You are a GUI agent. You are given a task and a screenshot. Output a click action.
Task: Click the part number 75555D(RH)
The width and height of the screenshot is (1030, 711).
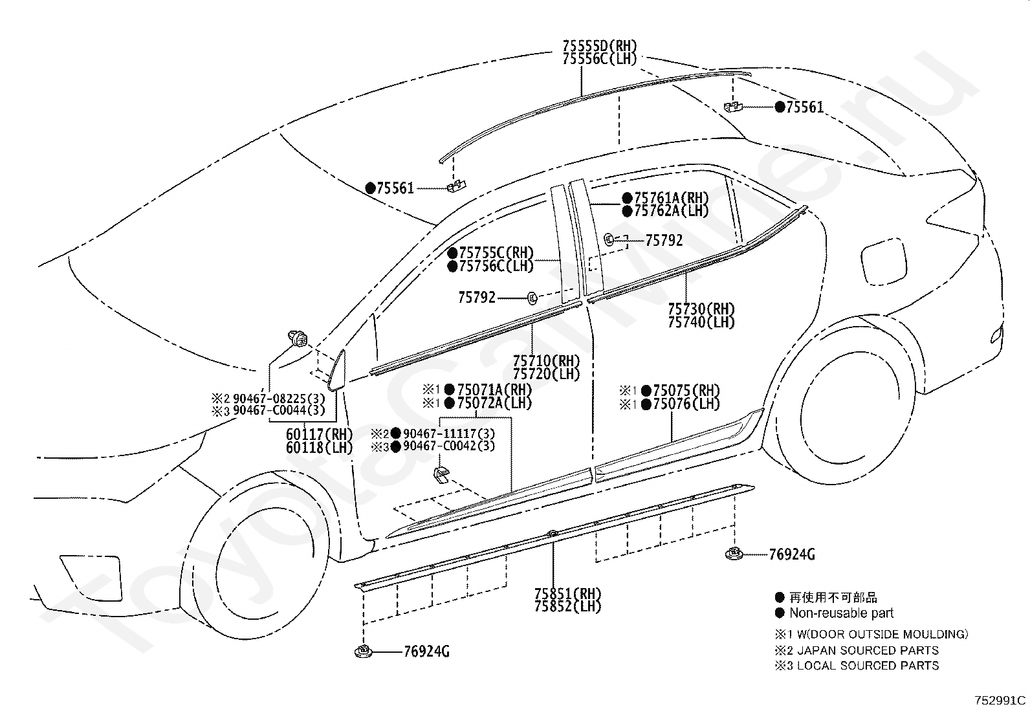coord(600,46)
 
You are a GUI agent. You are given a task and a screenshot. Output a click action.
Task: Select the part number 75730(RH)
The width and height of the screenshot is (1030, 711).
coord(701,309)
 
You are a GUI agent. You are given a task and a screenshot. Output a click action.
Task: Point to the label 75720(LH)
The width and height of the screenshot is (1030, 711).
coord(546,374)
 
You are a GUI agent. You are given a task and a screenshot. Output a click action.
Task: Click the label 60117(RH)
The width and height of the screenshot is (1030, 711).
coord(319,434)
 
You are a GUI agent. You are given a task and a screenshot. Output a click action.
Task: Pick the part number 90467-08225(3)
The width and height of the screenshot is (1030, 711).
coord(279,399)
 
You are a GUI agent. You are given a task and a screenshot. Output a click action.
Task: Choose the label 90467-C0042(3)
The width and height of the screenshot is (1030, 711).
coord(449,446)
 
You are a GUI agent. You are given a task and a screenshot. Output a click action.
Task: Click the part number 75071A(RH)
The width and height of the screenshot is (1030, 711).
coord(494,389)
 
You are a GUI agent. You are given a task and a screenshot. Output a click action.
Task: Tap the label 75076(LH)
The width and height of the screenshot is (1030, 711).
coord(686,404)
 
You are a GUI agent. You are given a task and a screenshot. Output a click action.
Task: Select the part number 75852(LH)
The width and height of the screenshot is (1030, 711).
coord(567,607)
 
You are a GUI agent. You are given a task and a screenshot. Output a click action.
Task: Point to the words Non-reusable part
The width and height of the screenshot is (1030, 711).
coord(842,613)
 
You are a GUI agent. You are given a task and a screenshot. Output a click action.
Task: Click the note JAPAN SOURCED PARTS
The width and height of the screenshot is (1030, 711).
coord(868,650)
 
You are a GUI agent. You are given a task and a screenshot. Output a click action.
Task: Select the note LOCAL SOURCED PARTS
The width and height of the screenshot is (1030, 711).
coord(868,666)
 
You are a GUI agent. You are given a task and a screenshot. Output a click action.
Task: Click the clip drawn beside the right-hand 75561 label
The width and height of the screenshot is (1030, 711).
coord(733,107)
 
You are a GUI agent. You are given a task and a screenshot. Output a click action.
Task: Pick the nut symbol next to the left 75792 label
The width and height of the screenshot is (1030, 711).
coord(532,298)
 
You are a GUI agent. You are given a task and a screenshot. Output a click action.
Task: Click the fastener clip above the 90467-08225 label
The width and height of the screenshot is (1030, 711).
coord(297,339)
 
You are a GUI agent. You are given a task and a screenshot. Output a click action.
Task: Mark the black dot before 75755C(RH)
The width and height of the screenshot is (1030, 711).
coord(452,253)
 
